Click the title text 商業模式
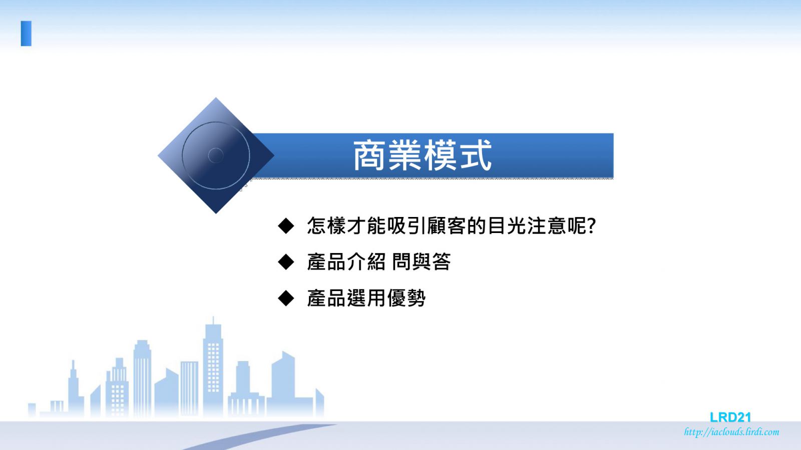[423, 155]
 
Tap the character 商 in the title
[369, 155]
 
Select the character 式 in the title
[476, 155]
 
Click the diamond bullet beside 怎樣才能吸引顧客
[286, 226]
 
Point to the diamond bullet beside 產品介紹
[286, 262]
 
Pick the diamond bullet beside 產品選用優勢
[286, 298]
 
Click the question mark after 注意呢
[591, 225]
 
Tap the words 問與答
[421, 262]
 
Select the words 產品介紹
[346, 262]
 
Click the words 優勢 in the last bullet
[406, 298]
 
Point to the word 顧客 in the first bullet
[447, 225]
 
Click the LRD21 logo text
[730, 417]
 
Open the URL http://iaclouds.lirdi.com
[731, 432]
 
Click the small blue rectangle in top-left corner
[26, 33]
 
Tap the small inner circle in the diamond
[216, 155]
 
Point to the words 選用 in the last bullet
[366, 298]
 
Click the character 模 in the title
[441, 155]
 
